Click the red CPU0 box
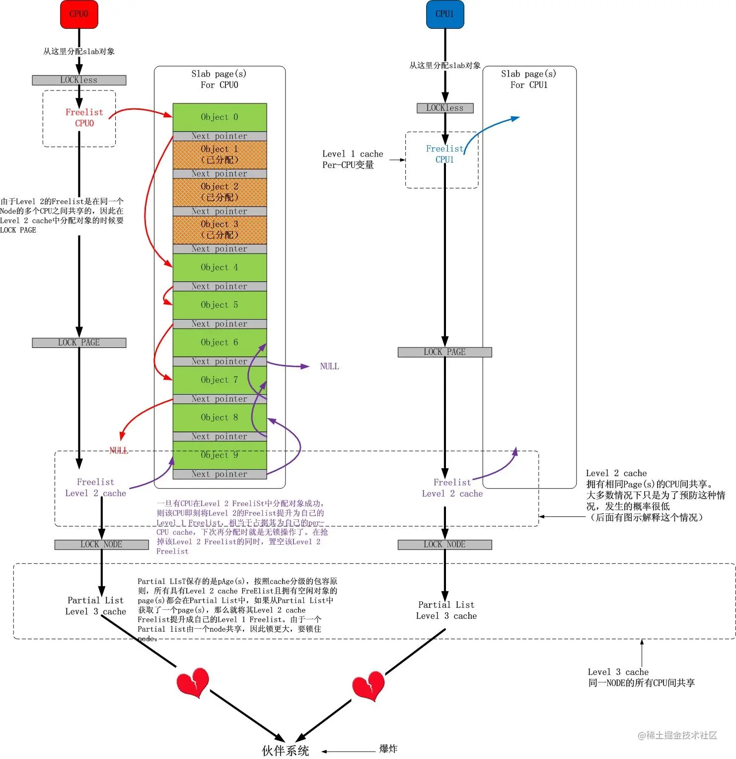pos(79,14)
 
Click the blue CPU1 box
pos(444,14)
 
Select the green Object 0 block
pos(220,117)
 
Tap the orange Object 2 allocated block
pos(220,192)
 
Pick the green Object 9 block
pos(220,455)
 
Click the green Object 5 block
pos(220,305)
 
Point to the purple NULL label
pos(329,366)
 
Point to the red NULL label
pos(119,450)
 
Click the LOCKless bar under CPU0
pos(79,80)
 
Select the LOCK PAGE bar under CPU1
pos(444,352)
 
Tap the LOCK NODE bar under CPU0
pos(101,544)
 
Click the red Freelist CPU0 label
pos(84,118)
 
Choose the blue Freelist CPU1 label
pos(444,154)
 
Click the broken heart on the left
pos(193,682)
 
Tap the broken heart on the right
pos(368,686)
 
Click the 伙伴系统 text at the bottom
pos(286,751)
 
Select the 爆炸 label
pos(388,749)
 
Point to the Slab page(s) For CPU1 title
pos(529,80)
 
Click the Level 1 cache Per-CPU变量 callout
pos(353,160)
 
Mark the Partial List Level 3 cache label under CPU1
pos(446,610)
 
